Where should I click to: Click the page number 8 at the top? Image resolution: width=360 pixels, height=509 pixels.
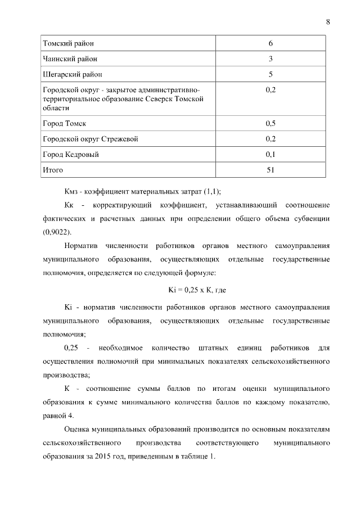point(327,22)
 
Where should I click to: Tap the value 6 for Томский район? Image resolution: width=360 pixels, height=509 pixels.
point(271,43)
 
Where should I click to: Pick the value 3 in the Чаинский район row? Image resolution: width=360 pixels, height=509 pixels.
point(271,58)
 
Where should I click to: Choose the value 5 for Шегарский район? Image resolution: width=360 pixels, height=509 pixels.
point(271,74)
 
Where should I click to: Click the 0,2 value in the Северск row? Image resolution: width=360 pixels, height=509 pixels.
point(271,90)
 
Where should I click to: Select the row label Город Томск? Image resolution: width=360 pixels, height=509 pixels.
point(65,123)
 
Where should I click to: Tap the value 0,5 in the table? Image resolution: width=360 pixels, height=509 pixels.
point(271,123)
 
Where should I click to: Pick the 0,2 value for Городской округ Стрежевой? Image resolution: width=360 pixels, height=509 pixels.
point(271,138)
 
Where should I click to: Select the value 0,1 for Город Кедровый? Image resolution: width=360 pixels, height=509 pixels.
point(271,154)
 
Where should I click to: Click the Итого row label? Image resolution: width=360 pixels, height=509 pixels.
point(53,170)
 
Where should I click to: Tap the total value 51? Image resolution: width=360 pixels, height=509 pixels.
point(271,170)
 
